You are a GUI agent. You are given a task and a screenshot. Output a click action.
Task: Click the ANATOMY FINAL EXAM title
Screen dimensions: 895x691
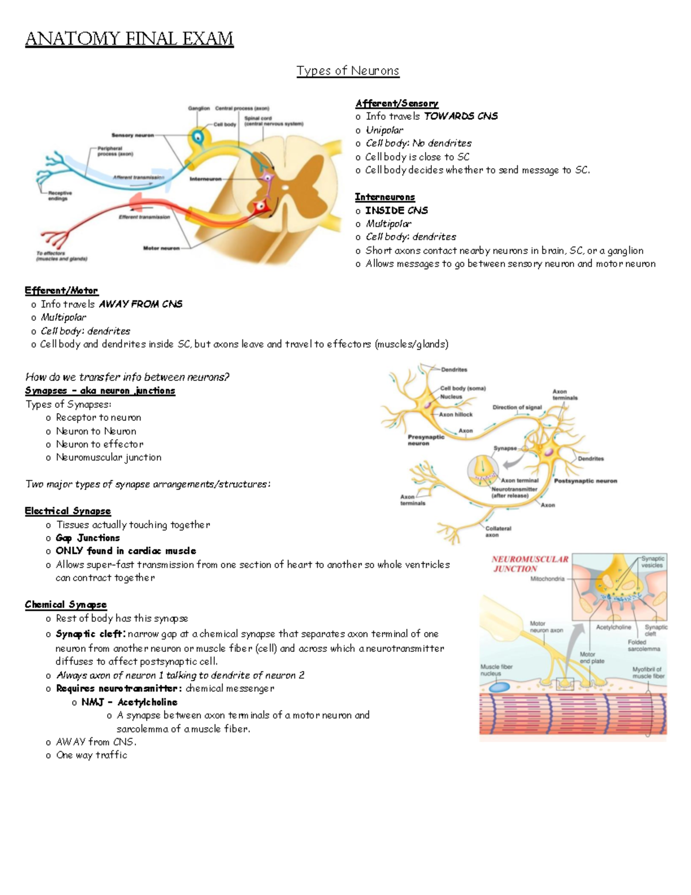tap(129, 39)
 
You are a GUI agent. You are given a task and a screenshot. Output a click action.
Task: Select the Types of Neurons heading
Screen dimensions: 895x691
tap(347, 71)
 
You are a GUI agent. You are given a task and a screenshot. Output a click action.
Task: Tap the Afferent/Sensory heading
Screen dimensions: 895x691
tap(397, 103)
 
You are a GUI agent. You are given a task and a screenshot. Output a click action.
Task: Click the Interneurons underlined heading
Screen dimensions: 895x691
tap(385, 197)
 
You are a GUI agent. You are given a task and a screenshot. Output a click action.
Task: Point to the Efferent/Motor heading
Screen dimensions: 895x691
tap(61, 290)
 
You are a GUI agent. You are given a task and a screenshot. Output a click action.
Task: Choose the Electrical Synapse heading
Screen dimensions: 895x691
tap(67, 511)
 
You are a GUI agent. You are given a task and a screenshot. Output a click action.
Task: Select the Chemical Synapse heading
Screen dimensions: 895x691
tap(66, 605)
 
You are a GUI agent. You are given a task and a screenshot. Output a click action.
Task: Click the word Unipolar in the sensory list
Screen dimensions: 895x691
tap(385, 130)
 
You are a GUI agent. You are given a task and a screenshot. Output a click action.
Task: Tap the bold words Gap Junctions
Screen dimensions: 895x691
tap(88, 538)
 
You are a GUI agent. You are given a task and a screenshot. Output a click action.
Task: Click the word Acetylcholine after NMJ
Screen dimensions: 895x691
tap(147, 702)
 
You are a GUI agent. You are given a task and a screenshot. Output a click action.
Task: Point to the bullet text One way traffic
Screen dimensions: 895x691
tap(92, 755)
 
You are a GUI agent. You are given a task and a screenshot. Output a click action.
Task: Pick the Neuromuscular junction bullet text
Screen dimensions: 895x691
tap(108, 458)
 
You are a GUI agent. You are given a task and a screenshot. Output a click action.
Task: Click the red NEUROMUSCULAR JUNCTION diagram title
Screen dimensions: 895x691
tap(529, 564)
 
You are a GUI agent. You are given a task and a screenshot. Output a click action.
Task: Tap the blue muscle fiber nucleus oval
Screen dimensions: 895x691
tap(499, 688)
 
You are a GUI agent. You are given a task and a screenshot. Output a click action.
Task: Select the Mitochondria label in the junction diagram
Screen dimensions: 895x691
tap(547, 579)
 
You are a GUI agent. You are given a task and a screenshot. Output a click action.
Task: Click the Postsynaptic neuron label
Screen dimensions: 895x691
tap(585, 481)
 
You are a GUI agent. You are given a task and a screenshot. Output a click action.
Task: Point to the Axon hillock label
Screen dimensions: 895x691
tap(455, 414)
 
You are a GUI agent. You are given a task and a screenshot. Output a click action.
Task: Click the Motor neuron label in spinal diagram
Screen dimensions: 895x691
tap(161, 248)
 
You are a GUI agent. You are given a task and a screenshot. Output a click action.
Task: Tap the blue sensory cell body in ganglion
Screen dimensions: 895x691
tap(198, 137)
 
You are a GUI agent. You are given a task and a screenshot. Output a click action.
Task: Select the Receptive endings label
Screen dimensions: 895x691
tap(60, 196)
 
